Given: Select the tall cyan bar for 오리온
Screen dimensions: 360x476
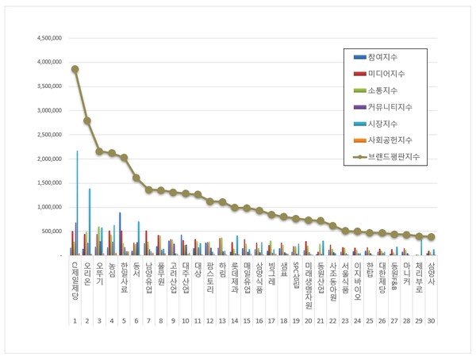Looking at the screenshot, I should click(x=90, y=222).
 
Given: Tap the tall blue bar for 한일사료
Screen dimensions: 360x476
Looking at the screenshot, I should click(x=121, y=234).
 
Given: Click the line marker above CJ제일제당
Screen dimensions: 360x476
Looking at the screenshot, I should click(x=75, y=69).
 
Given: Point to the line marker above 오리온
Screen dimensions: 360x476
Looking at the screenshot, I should click(x=87, y=121).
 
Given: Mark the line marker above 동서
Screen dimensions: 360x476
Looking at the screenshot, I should click(x=136, y=178).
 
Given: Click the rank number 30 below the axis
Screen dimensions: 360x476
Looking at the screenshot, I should click(x=431, y=321).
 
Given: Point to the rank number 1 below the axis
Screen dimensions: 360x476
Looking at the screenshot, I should click(x=75, y=321).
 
